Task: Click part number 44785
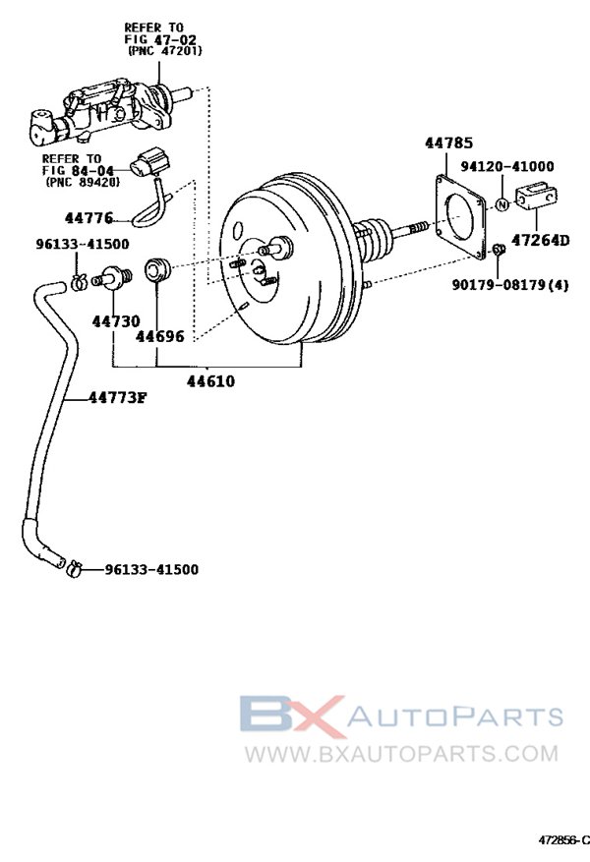click(447, 144)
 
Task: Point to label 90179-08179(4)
click(514, 285)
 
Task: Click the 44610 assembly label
click(210, 379)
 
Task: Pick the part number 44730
click(116, 321)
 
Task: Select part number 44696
click(160, 336)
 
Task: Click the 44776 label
click(89, 218)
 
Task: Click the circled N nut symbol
click(501, 204)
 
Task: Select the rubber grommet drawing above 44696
click(158, 268)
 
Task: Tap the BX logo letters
click(292, 717)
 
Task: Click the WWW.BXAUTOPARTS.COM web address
click(400, 754)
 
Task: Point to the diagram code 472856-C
click(561, 841)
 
